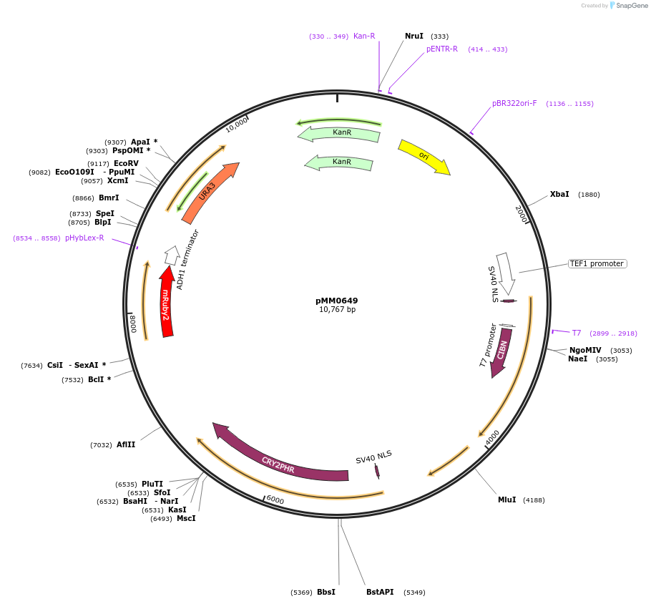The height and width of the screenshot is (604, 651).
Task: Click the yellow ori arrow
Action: pyautogui.click(x=424, y=157)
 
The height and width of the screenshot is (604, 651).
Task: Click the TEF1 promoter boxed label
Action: pyautogui.click(x=597, y=263)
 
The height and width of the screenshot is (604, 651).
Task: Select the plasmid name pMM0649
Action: pyautogui.click(x=337, y=301)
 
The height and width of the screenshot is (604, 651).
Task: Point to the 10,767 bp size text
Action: pyautogui.click(x=337, y=310)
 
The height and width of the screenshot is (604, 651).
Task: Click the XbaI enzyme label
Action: pyautogui.click(x=559, y=195)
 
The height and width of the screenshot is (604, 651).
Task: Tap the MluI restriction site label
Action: pyautogui.click(x=507, y=500)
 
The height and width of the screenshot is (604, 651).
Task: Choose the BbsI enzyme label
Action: pyautogui.click(x=326, y=592)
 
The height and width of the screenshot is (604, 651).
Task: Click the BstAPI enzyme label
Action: pyautogui.click(x=380, y=592)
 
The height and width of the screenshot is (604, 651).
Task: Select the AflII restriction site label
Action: pyautogui.click(x=126, y=444)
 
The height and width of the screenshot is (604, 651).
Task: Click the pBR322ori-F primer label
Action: pyautogui.click(x=514, y=104)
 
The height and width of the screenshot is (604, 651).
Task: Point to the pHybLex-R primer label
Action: pyautogui.click(x=84, y=238)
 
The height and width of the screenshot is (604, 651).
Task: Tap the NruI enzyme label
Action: pyautogui.click(x=414, y=36)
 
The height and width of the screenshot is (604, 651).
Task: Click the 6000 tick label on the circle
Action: pyautogui.click(x=275, y=500)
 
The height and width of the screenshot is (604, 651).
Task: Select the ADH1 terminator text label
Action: pyautogui.click(x=188, y=259)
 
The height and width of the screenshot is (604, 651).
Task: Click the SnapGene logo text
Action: pyautogui.click(x=632, y=6)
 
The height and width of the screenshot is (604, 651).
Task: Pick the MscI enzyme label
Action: pyautogui.click(x=186, y=518)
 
